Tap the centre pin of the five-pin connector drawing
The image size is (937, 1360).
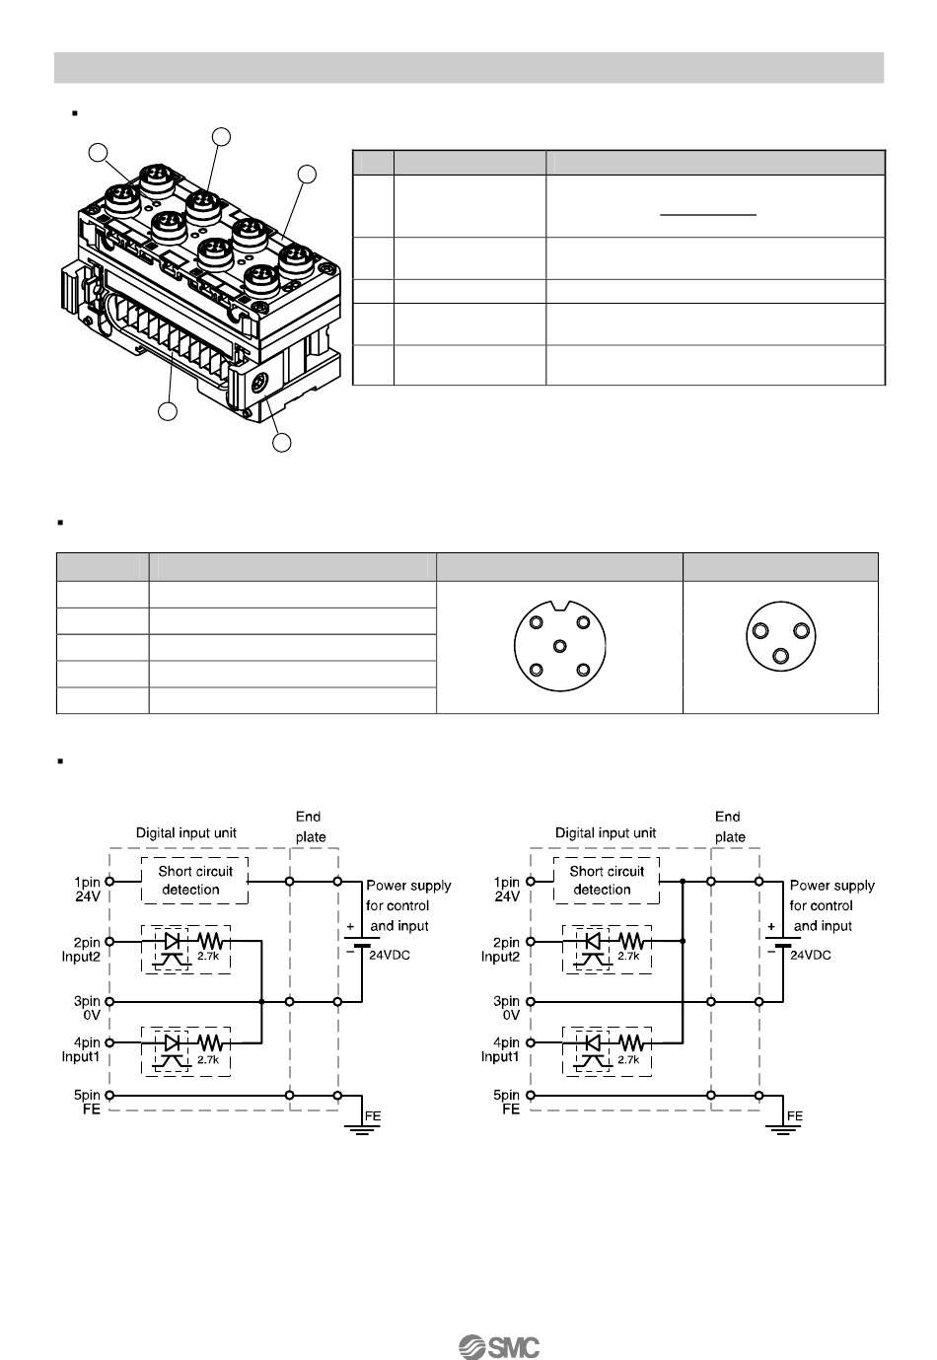pos(559,645)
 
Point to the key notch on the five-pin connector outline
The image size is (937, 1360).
pos(559,605)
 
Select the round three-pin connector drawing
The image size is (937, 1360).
pos(780,636)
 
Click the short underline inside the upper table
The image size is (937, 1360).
pos(707,214)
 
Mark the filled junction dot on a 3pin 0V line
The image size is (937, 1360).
pos(261,1001)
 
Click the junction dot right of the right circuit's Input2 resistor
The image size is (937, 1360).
pos(683,941)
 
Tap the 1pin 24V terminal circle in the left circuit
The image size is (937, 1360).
pos(109,881)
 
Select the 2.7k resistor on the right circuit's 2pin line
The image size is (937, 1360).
pos(631,941)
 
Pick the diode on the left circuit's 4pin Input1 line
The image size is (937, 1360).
pos(172,1042)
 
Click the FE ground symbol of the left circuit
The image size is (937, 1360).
pos(362,1128)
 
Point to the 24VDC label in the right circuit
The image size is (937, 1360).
pos(810,955)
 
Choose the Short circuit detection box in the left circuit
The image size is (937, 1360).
pos(194,881)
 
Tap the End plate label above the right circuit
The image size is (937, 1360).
pos(729,826)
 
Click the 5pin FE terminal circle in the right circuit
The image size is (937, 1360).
pos(530,1096)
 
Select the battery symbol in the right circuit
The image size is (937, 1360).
pos(782,942)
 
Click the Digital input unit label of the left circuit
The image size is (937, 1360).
pos(185,832)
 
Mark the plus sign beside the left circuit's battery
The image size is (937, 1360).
pos(350,926)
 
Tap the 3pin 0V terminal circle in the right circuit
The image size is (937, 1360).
pos(530,1001)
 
